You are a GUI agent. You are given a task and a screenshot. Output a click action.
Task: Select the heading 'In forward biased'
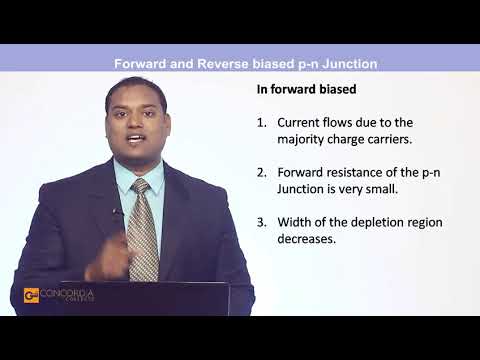[306, 89]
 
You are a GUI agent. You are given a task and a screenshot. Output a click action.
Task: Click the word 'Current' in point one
[300, 123]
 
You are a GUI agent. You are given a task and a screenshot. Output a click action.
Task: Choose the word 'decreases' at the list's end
[308, 239]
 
